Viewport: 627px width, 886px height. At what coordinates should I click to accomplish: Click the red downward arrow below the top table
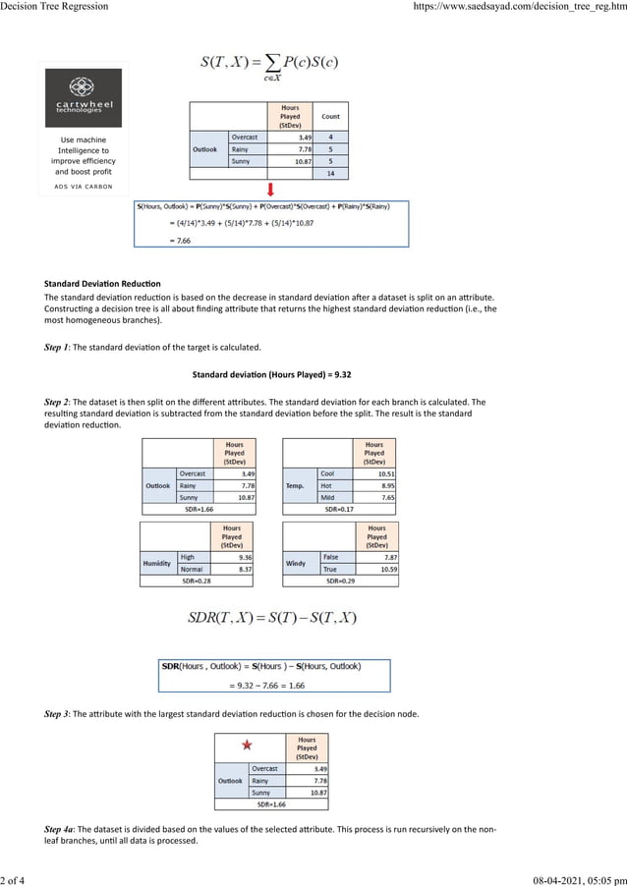[271, 189]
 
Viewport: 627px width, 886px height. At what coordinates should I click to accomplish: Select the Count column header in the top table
[330, 116]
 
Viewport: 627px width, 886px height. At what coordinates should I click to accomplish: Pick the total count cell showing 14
[330, 173]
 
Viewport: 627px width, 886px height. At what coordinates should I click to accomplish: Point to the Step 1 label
[58, 347]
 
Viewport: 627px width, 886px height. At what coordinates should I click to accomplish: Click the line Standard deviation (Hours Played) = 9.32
[271, 374]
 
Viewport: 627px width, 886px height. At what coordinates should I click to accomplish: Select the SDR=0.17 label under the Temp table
[339, 509]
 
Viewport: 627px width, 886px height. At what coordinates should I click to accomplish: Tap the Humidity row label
[158, 563]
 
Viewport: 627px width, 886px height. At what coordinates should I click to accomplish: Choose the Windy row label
[296, 563]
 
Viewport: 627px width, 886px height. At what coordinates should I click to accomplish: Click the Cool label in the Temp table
[327, 473]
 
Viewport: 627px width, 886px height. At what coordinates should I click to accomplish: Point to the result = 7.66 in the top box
[156, 240]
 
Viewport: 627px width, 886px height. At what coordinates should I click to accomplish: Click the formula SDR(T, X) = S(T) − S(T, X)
[271, 618]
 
